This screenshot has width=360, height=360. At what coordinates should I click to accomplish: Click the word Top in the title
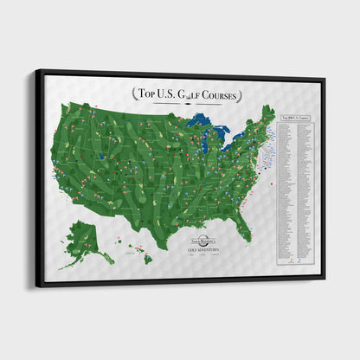point(152,93)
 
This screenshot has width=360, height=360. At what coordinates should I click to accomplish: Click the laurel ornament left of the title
point(135,93)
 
